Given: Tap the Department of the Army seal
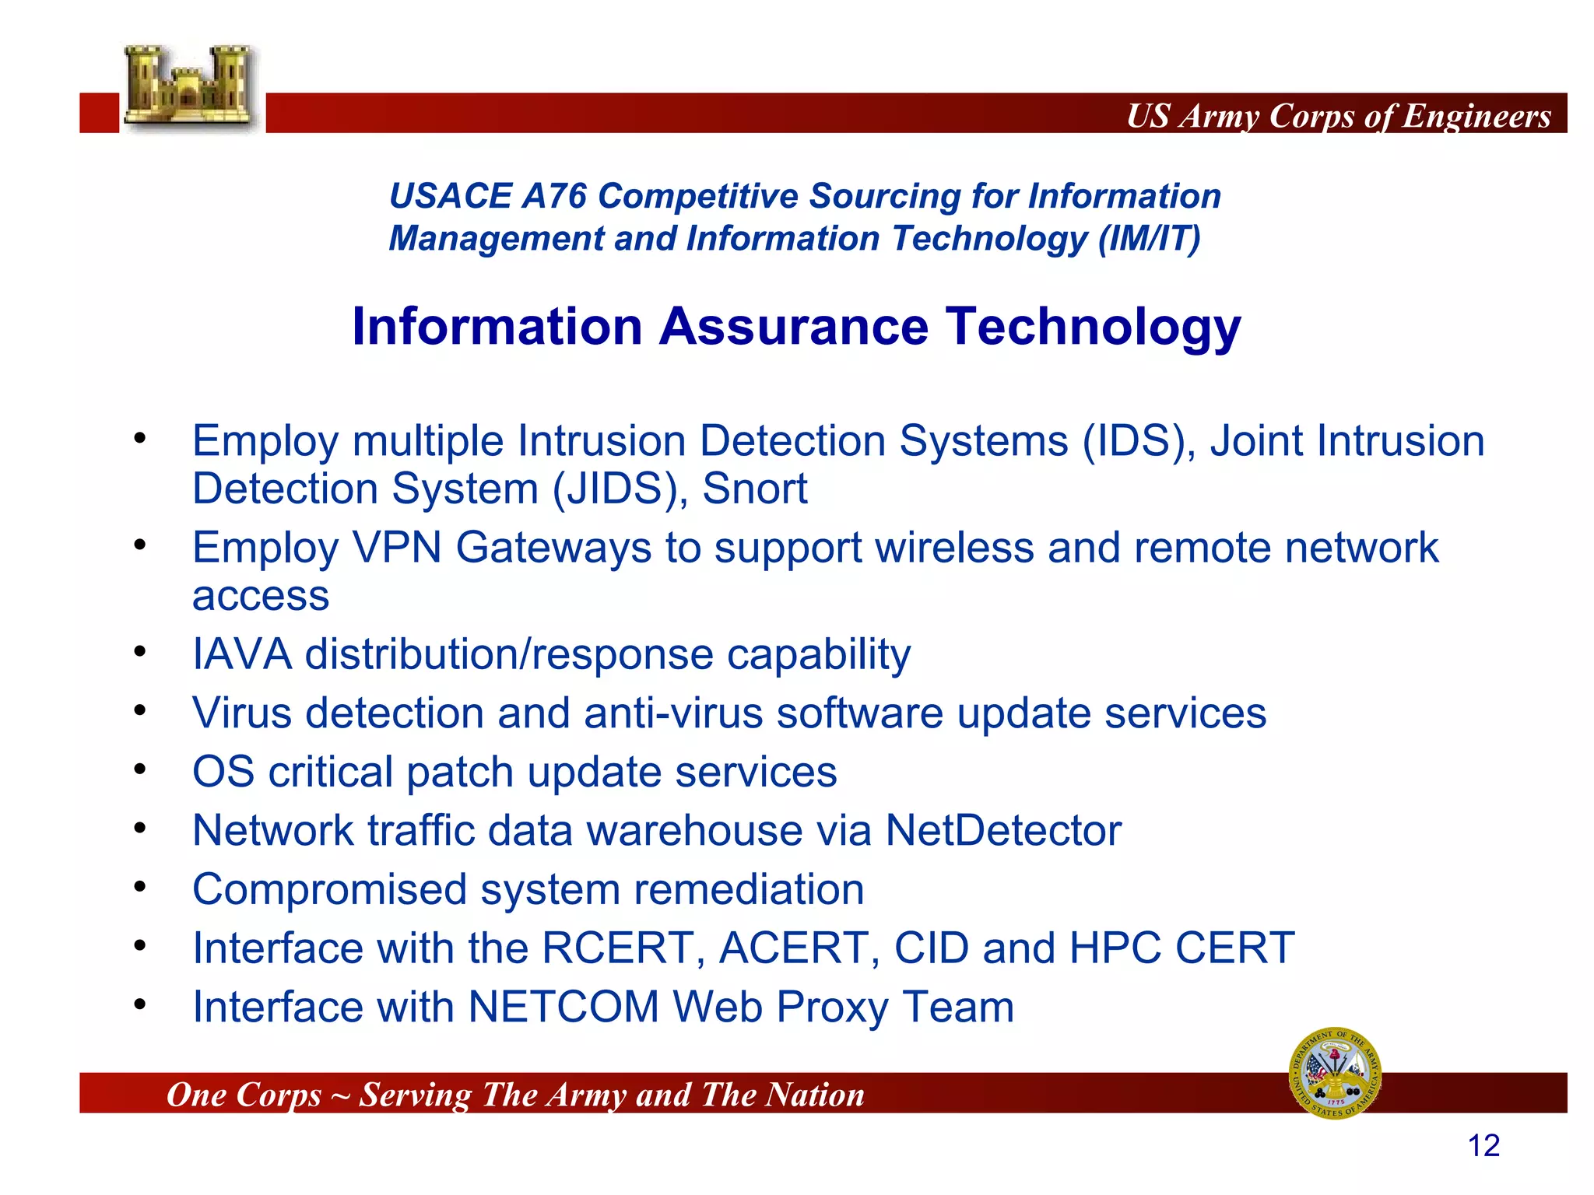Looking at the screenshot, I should [x=1336, y=1073].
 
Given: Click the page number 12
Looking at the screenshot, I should [x=1483, y=1146].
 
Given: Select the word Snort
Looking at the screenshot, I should [x=754, y=489].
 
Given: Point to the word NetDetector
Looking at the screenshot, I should [x=1003, y=830].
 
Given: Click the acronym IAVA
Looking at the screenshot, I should [x=242, y=654].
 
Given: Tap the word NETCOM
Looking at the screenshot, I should [x=564, y=1007].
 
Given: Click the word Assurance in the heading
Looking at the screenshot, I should [x=794, y=326].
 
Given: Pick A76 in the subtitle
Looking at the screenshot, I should [x=553, y=196].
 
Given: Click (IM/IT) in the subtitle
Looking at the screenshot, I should [x=1149, y=238].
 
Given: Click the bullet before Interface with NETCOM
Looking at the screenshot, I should [x=139, y=1004].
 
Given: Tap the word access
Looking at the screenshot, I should [x=261, y=597].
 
